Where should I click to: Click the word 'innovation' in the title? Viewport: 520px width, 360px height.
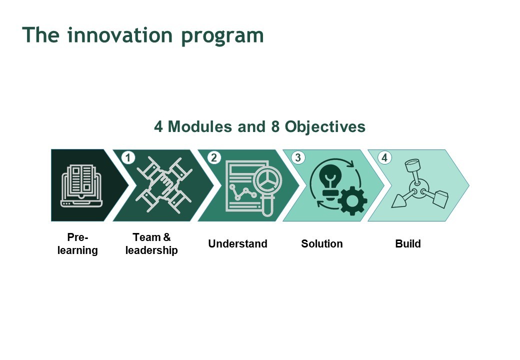119,34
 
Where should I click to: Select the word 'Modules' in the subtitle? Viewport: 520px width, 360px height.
200,126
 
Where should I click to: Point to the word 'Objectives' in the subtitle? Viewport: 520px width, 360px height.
325,126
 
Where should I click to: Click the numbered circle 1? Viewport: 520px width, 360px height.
128,157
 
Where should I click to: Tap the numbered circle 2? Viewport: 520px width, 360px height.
214,157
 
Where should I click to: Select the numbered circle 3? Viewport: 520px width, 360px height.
298,157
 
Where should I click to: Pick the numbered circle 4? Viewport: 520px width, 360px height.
384,157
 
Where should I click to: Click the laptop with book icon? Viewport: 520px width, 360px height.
81,185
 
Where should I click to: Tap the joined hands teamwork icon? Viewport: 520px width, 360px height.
164,185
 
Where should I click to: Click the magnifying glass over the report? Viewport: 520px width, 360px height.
268,185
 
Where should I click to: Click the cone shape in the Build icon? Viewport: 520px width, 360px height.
400,201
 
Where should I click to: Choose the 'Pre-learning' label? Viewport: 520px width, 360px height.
77,243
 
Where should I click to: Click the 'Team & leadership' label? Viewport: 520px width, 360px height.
151,243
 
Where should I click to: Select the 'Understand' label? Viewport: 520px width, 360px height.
238,243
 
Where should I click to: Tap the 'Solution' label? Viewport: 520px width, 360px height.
322,243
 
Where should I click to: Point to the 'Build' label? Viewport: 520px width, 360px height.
408,243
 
